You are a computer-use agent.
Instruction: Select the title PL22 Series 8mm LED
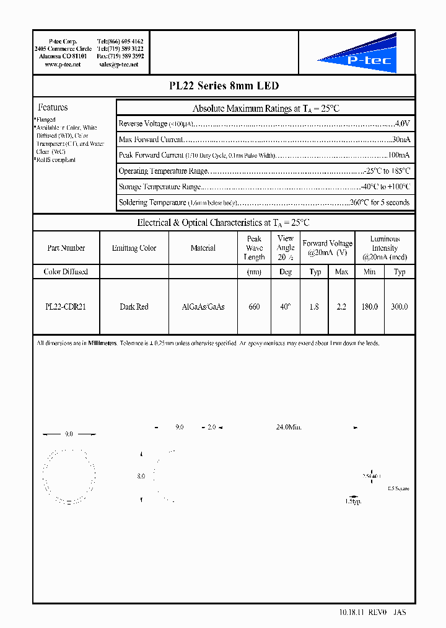point(224,86)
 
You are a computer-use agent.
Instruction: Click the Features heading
point(53,107)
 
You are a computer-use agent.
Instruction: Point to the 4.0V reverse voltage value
point(402,123)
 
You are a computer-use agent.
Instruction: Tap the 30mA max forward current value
point(401,140)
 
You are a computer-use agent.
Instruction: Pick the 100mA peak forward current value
point(399,155)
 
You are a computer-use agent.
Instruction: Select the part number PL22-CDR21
point(66,307)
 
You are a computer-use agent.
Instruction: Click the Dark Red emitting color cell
point(134,307)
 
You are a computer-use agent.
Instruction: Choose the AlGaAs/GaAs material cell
point(203,307)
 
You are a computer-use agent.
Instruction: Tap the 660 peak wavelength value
point(254,307)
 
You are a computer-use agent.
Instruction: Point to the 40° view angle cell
point(285,307)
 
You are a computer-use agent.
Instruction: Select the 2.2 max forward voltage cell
point(341,307)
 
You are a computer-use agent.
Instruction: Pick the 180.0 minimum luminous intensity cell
point(369,307)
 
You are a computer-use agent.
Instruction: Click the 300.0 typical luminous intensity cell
point(400,307)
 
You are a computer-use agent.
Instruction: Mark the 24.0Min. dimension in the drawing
point(289,428)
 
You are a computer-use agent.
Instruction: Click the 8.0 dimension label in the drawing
point(141,476)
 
